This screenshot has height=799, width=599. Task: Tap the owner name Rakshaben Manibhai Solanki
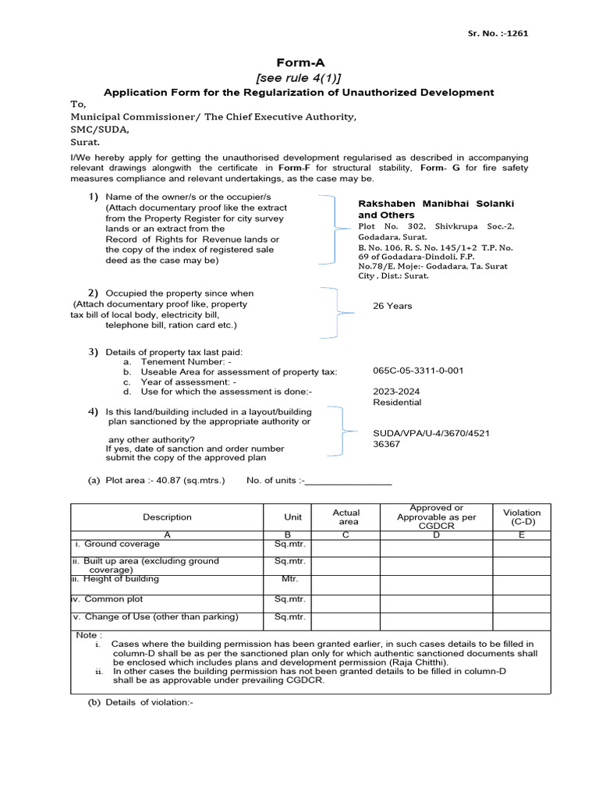(436, 204)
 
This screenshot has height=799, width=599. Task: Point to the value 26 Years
(392, 306)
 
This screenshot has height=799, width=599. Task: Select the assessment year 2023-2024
(395, 391)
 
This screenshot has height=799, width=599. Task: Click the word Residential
(397, 403)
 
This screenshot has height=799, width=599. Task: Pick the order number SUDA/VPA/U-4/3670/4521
(432, 432)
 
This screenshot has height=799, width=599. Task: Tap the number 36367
(387, 443)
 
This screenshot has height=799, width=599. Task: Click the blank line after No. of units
(348, 482)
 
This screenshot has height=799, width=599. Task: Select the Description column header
(167, 517)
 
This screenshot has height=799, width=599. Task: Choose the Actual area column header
(346, 517)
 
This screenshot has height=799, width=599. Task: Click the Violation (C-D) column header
(521, 516)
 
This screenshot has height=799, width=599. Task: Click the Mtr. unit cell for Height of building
(289, 579)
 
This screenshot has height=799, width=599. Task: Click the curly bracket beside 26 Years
(334, 312)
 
